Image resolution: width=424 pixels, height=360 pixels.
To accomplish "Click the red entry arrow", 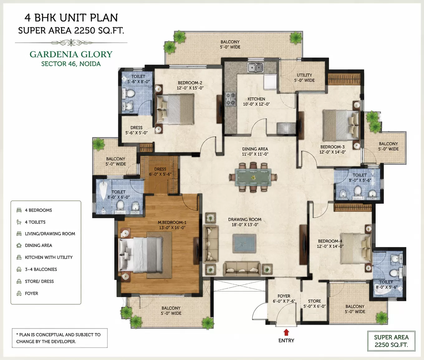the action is click(x=286, y=332).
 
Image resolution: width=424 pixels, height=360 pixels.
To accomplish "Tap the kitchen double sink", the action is click(x=255, y=67).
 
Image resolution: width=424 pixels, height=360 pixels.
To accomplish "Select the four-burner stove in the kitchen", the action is click(x=230, y=99).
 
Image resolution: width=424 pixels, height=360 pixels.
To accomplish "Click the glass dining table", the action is click(x=253, y=177).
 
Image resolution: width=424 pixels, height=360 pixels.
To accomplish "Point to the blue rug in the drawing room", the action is click(x=244, y=244).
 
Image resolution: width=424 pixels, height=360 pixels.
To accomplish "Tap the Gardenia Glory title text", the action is click(x=71, y=54).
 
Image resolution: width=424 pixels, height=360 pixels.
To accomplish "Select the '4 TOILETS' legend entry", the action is click(x=35, y=222).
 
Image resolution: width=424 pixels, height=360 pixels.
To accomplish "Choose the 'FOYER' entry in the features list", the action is click(x=31, y=293).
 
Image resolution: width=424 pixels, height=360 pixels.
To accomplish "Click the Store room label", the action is click(x=315, y=301).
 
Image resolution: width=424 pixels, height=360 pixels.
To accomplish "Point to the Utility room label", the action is click(x=304, y=75).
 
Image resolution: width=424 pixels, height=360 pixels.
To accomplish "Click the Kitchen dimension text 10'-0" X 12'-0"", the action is click(x=256, y=104).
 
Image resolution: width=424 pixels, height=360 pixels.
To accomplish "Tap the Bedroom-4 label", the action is click(x=330, y=241).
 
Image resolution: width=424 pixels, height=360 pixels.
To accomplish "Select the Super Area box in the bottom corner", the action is click(x=391, y=341).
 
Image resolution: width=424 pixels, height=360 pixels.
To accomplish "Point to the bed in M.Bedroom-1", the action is click(x=141, y=255).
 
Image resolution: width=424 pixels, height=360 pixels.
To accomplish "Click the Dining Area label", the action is click(x=255, y=149).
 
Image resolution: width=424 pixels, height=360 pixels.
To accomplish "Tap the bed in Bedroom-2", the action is click(x=175, y=109).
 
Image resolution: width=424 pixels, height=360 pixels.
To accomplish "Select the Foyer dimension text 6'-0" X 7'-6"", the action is click(x=284, y=301).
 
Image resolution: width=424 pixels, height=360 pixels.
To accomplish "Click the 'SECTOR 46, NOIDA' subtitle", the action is click(x=71, y=64).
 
